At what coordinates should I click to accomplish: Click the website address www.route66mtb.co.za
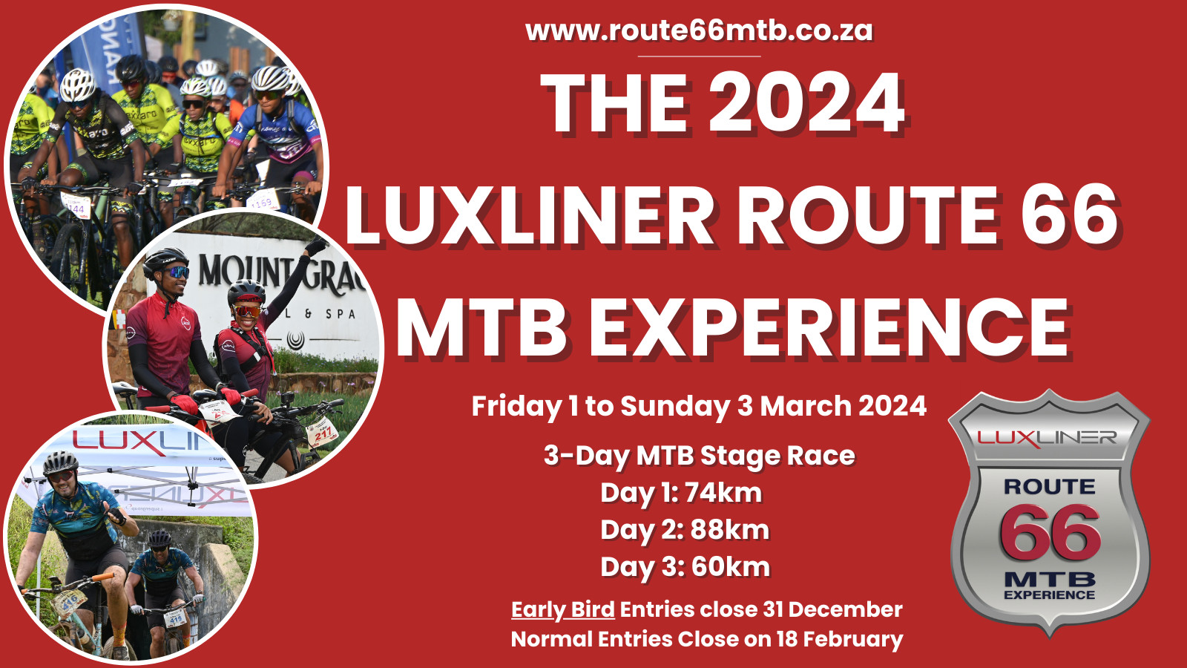point(699,30)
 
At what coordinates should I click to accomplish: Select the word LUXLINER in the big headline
point(529,215)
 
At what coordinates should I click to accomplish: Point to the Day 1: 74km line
point(681,493)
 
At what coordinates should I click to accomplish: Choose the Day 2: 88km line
point(684,530)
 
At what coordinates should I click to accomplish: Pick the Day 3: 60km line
point(685,567)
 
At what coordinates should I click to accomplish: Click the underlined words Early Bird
point(563,609)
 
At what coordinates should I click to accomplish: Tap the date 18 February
point(839,639)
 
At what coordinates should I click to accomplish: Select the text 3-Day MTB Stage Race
point(700,456)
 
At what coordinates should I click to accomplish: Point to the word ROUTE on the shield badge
point(1049,487)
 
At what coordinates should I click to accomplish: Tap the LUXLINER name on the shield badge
point(1047,438)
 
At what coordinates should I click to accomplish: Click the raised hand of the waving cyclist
point(316,246)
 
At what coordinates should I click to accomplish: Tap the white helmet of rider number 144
point(77,85)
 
